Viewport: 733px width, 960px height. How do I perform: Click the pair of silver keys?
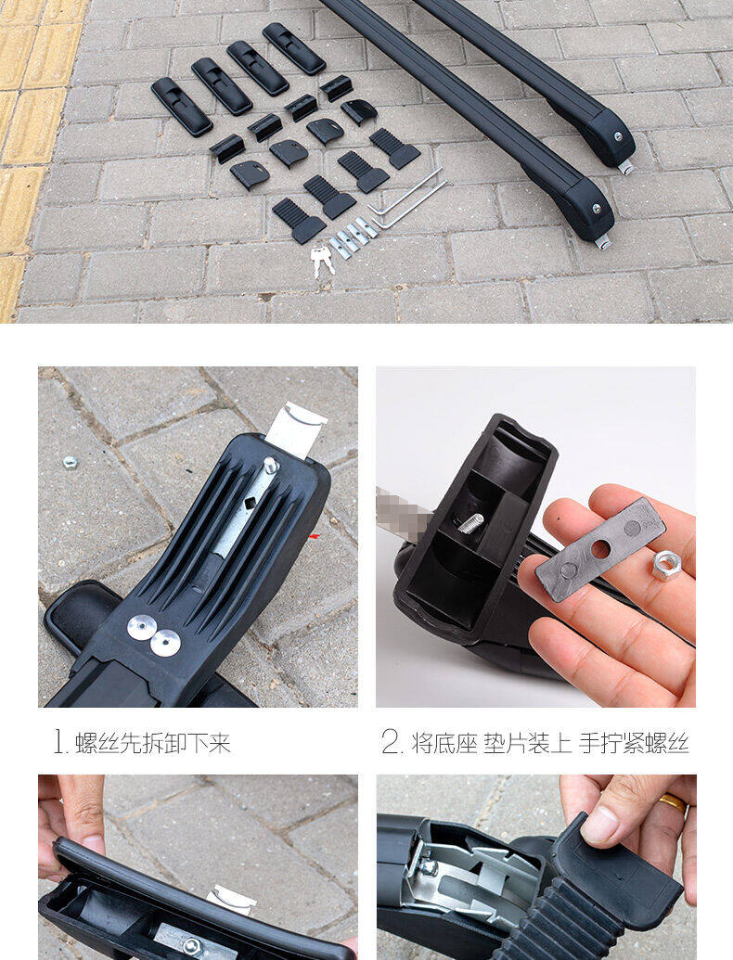click(322, 261)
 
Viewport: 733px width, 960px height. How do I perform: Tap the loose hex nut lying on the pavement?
click(71, 462)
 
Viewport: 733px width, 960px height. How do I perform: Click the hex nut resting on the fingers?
click(666, 565)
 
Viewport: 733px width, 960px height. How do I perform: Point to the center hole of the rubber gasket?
click(599, 549)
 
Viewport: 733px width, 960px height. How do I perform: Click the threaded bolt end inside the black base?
click(470, 523)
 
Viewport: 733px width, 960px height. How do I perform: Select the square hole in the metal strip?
click(251, 504)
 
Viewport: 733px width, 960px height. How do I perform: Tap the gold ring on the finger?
click(673, 803)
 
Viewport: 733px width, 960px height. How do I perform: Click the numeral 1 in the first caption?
click(58, 743)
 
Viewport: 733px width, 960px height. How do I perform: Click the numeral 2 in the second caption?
click(390, 743)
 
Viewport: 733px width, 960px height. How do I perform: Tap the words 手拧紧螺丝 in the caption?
click(634, 743)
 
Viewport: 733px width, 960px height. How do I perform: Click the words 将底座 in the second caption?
click(444, 743)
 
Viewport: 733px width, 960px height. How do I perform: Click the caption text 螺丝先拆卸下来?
click(153, 743)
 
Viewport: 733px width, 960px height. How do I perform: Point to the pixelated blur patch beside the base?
click(399, 513)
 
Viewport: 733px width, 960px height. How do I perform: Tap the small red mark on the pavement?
click(315, 536)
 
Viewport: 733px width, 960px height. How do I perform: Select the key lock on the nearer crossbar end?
click(597, 208)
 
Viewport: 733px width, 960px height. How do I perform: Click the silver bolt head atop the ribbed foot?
click(271, 466)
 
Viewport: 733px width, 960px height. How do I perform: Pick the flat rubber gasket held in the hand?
click(600, 548)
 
